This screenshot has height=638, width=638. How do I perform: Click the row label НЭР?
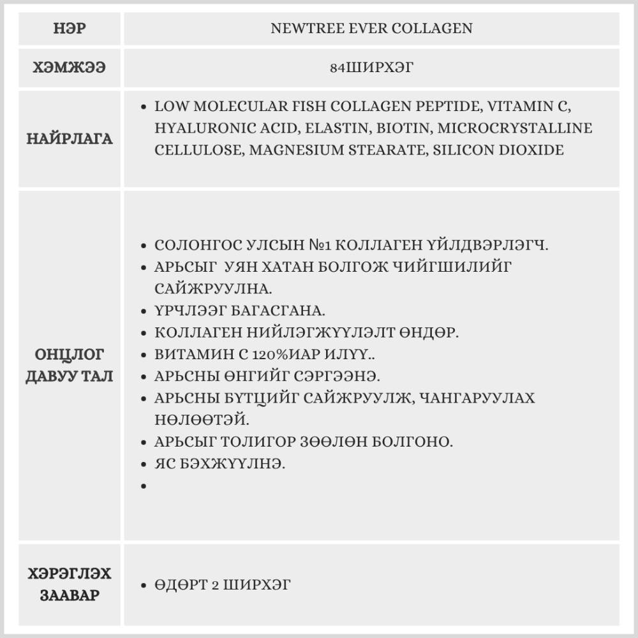pyautogui.click(x=70, y=29)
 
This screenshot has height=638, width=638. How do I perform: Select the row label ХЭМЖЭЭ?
pyautogui.click(x=70, y=67)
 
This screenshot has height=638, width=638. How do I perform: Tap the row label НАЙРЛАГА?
pyautogui.click(x=70, y=139)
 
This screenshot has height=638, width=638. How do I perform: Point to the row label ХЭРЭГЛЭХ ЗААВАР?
pyautogui.click(x=70, y=584)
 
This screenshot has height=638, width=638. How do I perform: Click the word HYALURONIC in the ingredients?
pyautogui.click(x=202, y=128)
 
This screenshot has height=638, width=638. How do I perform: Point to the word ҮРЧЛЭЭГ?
pyautogui.click(x=191, y=311)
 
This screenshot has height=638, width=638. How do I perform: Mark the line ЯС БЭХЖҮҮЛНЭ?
pyautogui.click(x=219, y=463)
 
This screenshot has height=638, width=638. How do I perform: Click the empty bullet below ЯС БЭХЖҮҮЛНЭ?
pyautogui.click(x=145, y=486)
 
